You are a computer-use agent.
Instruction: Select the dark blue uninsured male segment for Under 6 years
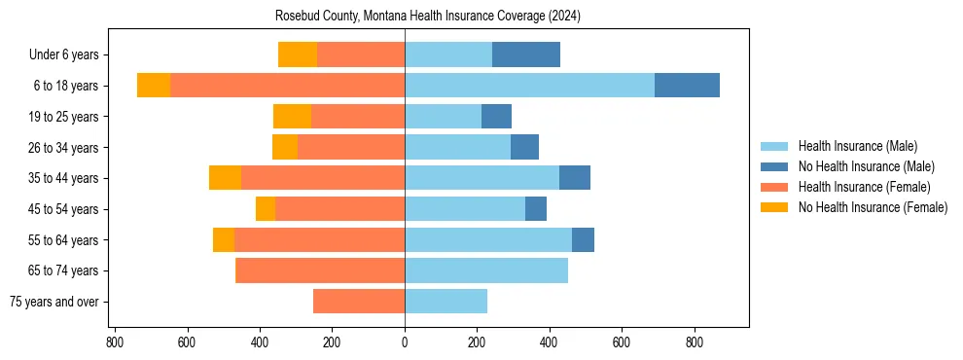click(525, 54)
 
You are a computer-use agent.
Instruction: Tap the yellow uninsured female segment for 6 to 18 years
click(154, 86)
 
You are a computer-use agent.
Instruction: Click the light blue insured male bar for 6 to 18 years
click(529, 86)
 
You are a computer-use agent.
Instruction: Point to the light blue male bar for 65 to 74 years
click(485, 270)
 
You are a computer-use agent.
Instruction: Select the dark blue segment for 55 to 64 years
click(583, 239)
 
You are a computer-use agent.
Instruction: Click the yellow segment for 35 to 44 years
click(225, 178)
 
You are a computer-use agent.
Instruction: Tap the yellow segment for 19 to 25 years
click(292, 117)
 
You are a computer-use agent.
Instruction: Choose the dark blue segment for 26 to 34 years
click(524, 147)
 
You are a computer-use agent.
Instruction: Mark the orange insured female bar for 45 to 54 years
click(339, 209)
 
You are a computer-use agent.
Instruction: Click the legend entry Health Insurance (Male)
click(857, 146)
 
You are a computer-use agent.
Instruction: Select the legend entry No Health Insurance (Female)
click(873, 207)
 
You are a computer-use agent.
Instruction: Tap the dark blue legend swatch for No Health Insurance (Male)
click(774, 166)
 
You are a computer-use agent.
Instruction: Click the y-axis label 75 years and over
click(53, 302)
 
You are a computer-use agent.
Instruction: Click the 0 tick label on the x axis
click(405, 342)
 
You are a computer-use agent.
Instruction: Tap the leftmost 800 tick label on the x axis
click(115, 342)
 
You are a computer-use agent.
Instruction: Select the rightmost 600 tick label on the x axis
click(622, 342)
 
